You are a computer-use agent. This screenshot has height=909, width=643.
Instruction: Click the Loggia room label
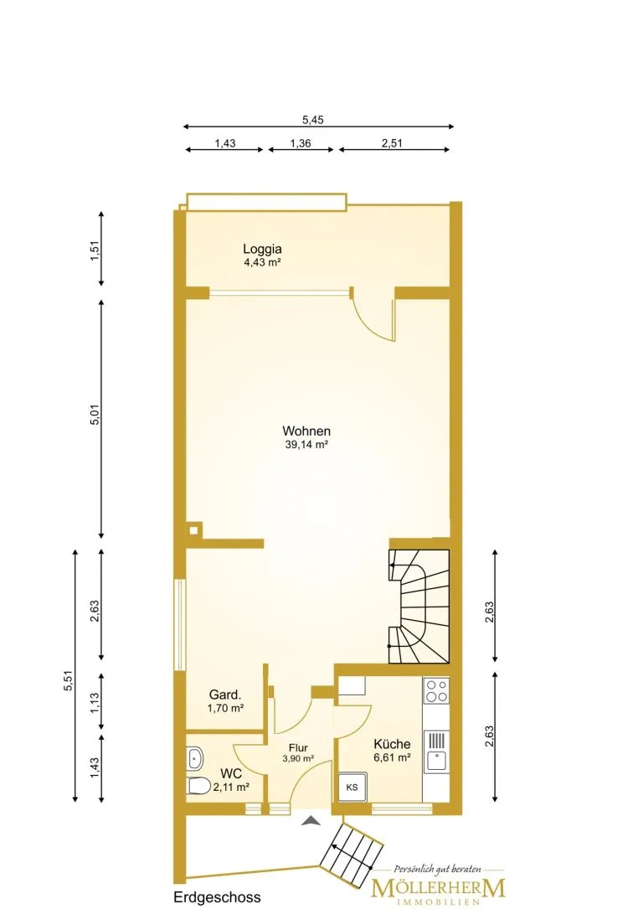[x=262, y=250]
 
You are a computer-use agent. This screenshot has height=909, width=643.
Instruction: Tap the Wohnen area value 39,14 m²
[x=306, y=445]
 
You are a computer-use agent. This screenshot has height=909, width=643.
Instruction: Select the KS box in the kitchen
[x=352, y=788]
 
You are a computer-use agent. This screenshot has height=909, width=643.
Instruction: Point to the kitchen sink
[x=436, y=751]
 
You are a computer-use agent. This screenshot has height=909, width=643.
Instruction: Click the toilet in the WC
[x=198, y=786]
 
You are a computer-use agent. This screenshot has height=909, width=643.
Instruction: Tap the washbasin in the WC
[x=194, y=757]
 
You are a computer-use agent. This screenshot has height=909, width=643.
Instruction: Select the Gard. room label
[x=225, y=695]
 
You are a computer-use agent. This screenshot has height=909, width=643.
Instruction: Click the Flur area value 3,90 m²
[x=298, y=758]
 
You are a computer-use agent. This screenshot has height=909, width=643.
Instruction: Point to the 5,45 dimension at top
[x=313, y=120]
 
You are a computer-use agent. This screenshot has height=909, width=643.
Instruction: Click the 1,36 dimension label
[x=301, y=143]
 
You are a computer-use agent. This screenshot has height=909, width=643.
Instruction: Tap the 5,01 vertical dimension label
[x=95, y=415]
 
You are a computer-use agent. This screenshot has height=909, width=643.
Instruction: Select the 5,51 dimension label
[x=69, y=680]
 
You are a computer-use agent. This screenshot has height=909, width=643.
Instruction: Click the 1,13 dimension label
[x=95, y=703]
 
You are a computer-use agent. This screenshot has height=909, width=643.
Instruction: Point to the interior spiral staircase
[x=419, y=606]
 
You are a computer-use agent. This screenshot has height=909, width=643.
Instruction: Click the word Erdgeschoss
[x=217, y=896]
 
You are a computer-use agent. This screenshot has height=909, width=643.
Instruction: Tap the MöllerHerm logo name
[x=439, y=888]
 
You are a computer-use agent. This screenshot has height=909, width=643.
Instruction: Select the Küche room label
[x=392, y=744]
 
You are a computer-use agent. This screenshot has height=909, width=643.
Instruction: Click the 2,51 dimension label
[x=392, y=143]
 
